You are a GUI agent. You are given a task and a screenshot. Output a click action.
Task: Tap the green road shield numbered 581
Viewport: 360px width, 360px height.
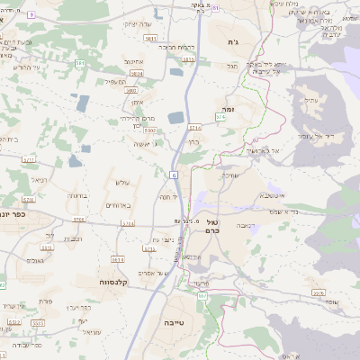click(80, 63)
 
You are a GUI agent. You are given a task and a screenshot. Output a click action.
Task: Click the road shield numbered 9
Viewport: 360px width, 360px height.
click(31, 15)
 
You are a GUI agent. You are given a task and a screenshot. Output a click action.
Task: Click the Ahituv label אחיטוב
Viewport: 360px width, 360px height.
click(134, 61)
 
